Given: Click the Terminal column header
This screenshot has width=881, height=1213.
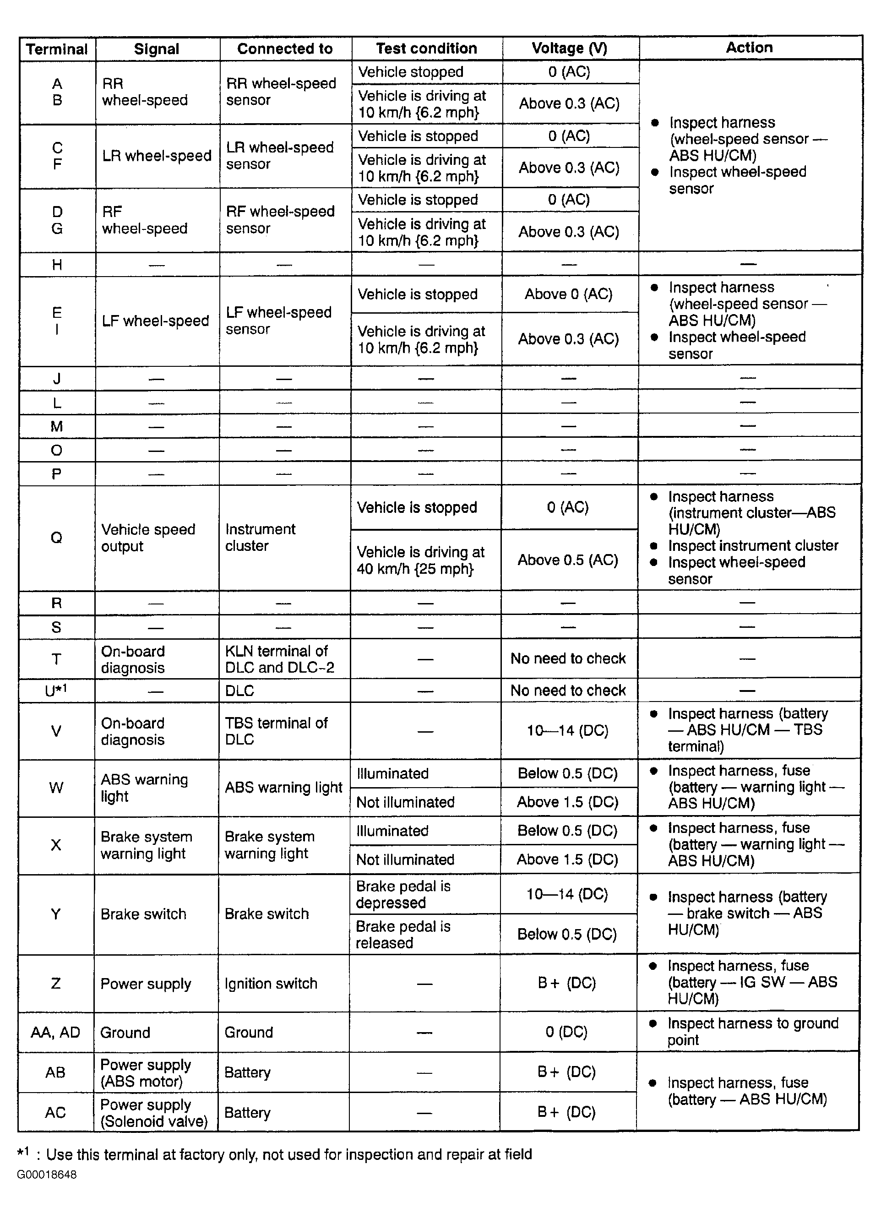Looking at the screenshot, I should coord(57,49).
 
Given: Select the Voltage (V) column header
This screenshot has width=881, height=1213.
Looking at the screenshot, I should coord(569,48).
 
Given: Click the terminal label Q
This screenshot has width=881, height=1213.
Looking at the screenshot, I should coord(56,538).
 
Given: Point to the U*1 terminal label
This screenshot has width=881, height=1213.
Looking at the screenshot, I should coord(55,691).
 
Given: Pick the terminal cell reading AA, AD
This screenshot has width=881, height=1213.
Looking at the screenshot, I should coord(55,1032).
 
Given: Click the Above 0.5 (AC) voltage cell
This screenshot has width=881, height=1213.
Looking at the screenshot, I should coord(567,560).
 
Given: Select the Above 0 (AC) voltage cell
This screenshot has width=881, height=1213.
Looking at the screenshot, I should coord(568,294).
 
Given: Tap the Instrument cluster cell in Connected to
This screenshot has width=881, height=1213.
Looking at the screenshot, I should coord(260,538).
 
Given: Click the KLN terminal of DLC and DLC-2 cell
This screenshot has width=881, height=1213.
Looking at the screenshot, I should coord(279,659).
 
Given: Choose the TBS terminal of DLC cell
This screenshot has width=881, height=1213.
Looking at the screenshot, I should coord(276,731).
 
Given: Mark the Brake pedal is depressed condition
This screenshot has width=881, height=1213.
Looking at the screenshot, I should coord(403,894).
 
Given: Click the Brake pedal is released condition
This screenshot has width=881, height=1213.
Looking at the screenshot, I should coord(403,934).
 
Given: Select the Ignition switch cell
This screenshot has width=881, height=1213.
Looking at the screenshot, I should coord(271,984).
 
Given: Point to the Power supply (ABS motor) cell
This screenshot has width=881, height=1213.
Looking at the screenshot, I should coord(146,1073).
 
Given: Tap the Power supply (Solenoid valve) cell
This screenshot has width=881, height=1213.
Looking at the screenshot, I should coord(153,1113).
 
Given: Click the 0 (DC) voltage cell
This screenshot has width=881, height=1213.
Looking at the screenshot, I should coord(566,1032).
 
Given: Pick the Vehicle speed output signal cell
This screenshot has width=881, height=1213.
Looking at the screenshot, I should coord(148,538).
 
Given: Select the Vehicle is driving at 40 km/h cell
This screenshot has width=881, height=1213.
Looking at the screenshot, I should coord(420,560).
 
